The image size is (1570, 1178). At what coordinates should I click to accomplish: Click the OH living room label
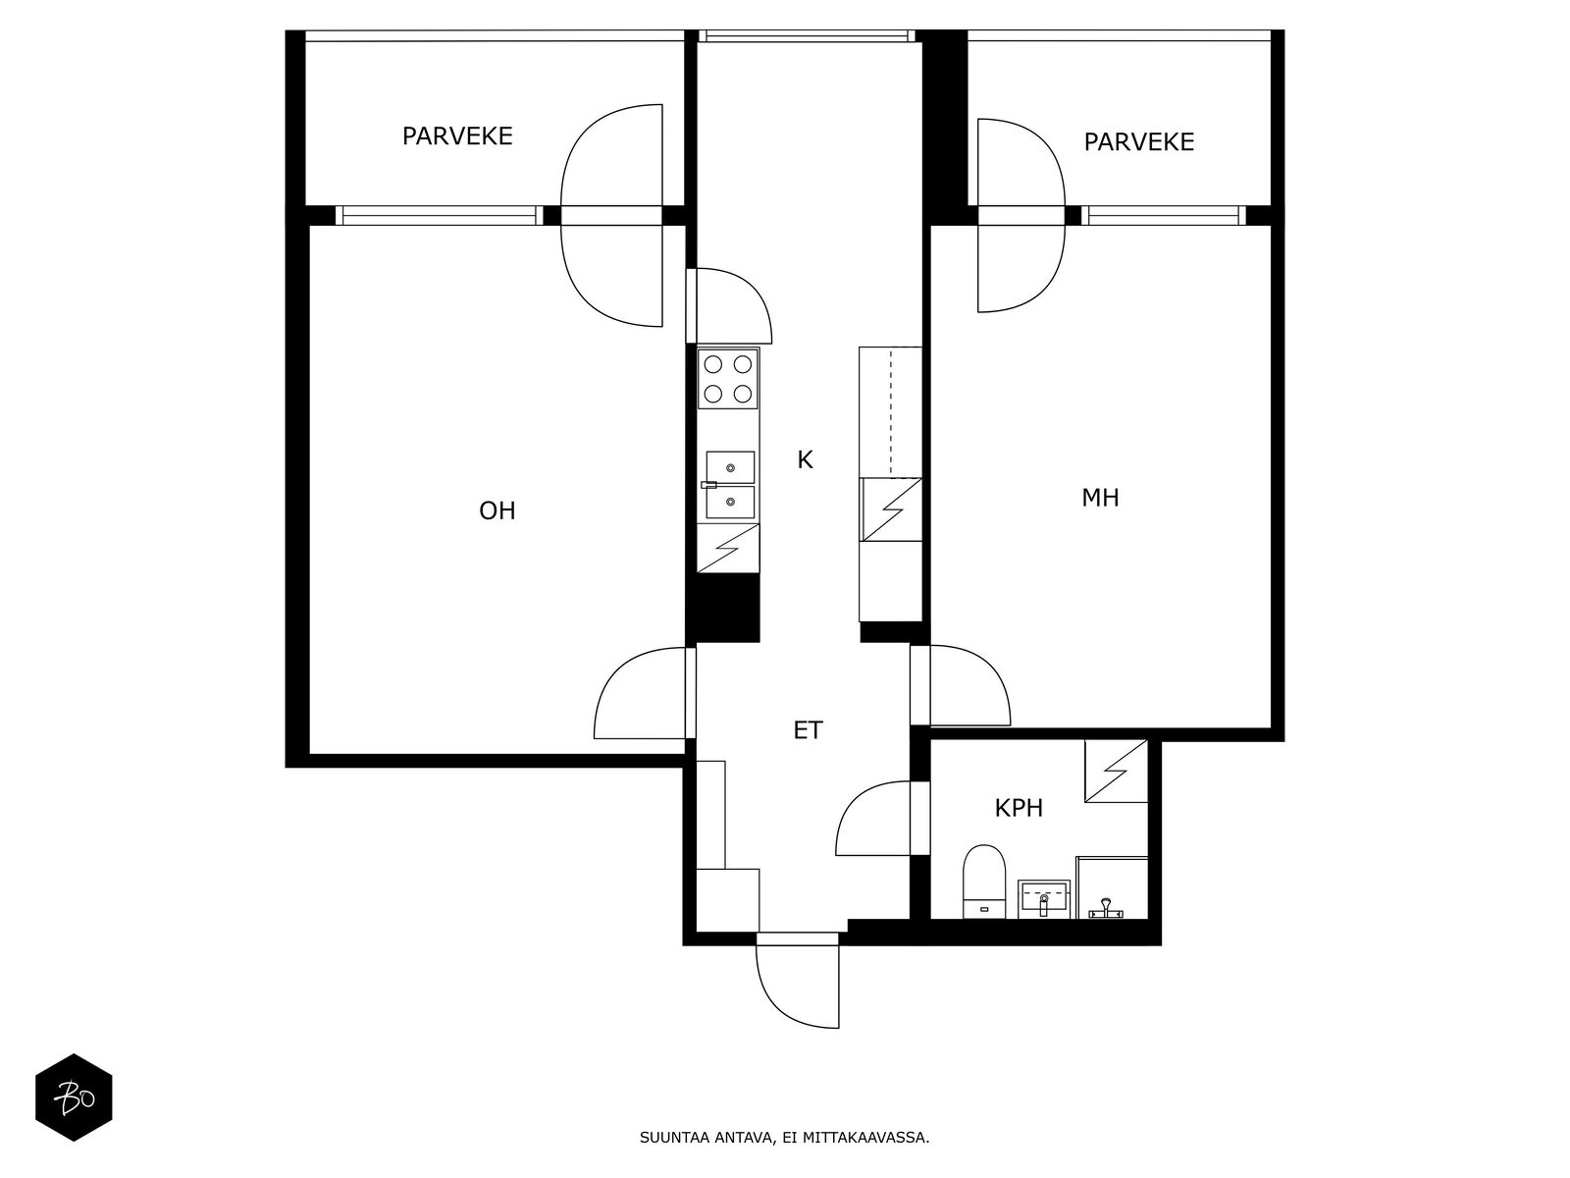click(497, 510)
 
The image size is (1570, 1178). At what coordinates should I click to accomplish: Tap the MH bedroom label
click(1100, 498)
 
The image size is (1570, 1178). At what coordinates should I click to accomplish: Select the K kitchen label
click(805, 459)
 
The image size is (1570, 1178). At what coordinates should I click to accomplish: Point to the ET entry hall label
click(809, 730)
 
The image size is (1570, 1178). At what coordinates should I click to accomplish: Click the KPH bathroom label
click(1019, 808)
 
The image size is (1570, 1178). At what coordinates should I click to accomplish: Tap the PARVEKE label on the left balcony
click(457, 135)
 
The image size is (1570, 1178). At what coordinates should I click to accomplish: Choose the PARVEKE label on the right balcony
click(1138, 141)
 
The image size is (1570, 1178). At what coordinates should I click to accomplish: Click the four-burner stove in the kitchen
click(727, 378)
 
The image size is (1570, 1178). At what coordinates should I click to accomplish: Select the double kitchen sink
click(730, 484)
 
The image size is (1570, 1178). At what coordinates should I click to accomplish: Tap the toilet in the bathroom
click(984, 882)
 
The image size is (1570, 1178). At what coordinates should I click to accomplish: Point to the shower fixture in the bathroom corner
click(1106, 909)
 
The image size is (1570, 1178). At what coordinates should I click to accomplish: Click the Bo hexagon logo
click(74, 1098)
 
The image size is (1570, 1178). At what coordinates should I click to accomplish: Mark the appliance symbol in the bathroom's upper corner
click(1116, 771)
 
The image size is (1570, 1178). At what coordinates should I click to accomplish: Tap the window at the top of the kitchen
click(807, 35)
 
